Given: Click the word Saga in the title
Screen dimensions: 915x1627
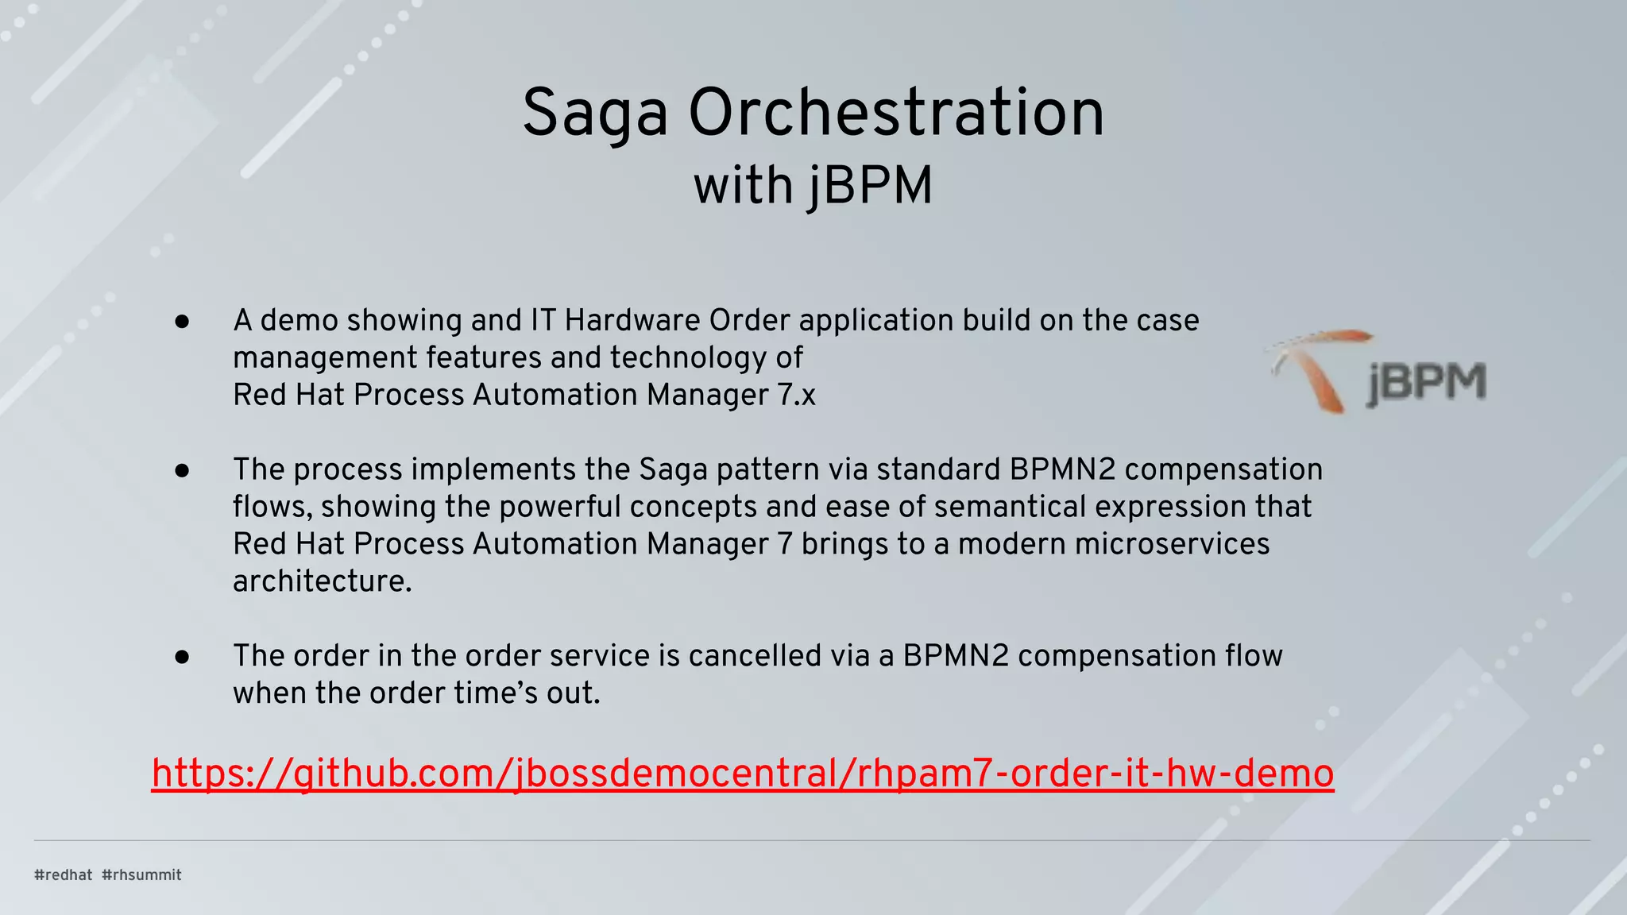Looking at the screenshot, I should click(594, 114).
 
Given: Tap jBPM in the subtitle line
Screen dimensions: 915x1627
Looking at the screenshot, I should click(871, 186).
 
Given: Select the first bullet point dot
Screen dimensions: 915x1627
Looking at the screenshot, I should click(182, 322).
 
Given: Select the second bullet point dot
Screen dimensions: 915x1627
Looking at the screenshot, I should click(182, 470).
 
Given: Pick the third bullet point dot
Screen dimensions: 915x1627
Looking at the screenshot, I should click(182, 657).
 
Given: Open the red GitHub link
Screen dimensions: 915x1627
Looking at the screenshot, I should click(742, 773).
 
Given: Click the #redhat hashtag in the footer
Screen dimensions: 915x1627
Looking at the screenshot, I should click(64, 874).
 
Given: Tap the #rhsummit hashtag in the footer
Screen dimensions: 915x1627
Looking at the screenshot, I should click(142, 874).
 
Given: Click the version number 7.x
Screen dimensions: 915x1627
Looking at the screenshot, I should click(797, 395).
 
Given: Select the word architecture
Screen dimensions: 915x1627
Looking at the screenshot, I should click(322, 581).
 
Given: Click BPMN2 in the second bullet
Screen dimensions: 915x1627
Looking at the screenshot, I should click(1062, 469).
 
